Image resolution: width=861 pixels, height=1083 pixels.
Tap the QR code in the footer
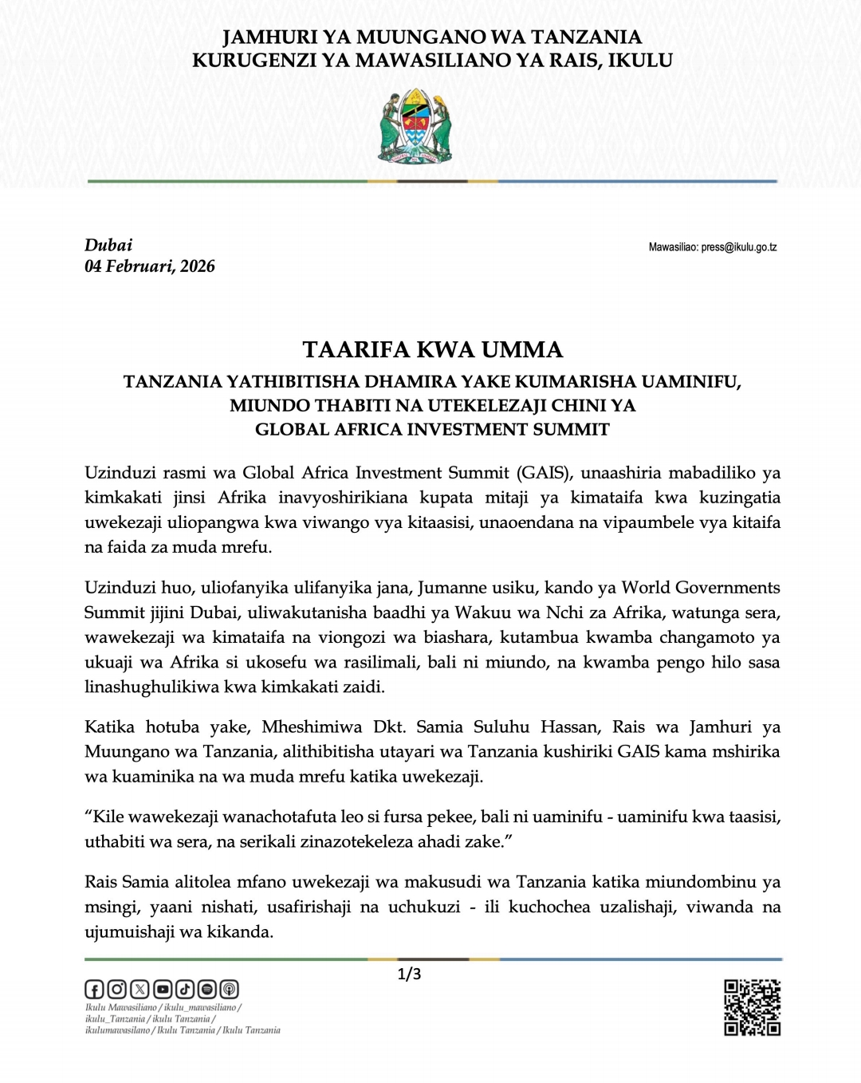752,1008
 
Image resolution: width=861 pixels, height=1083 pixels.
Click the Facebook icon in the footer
94,990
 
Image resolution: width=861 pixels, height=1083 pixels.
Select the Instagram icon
116,990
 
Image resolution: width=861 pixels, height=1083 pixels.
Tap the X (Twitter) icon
140,990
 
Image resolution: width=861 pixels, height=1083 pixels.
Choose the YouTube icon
163,990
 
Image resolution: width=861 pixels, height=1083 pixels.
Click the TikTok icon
185,990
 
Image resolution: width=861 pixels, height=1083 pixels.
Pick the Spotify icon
207,990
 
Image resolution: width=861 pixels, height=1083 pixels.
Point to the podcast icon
230,990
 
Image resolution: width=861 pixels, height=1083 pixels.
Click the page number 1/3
409,974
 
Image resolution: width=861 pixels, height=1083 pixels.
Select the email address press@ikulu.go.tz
739,247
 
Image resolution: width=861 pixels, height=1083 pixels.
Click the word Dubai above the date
108,245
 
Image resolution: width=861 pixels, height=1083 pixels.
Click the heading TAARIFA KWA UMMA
432,349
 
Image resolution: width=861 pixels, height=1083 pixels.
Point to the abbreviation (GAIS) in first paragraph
545,473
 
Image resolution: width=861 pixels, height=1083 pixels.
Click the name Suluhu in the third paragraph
501,727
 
